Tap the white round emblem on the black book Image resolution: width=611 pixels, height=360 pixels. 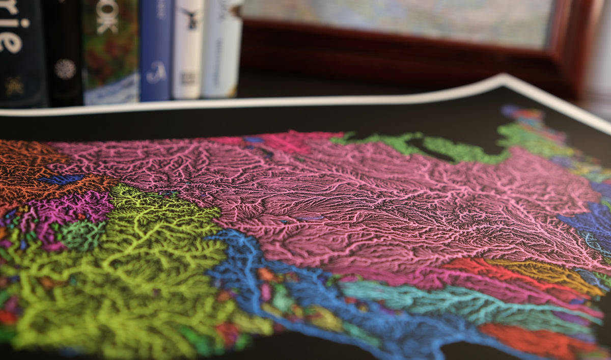(x=65, y=69)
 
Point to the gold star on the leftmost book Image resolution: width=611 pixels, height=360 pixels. (x=13, y=84)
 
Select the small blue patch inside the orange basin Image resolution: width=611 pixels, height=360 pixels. (x=61, y=179)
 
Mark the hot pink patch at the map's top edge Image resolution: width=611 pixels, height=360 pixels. (x=285, y=140)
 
